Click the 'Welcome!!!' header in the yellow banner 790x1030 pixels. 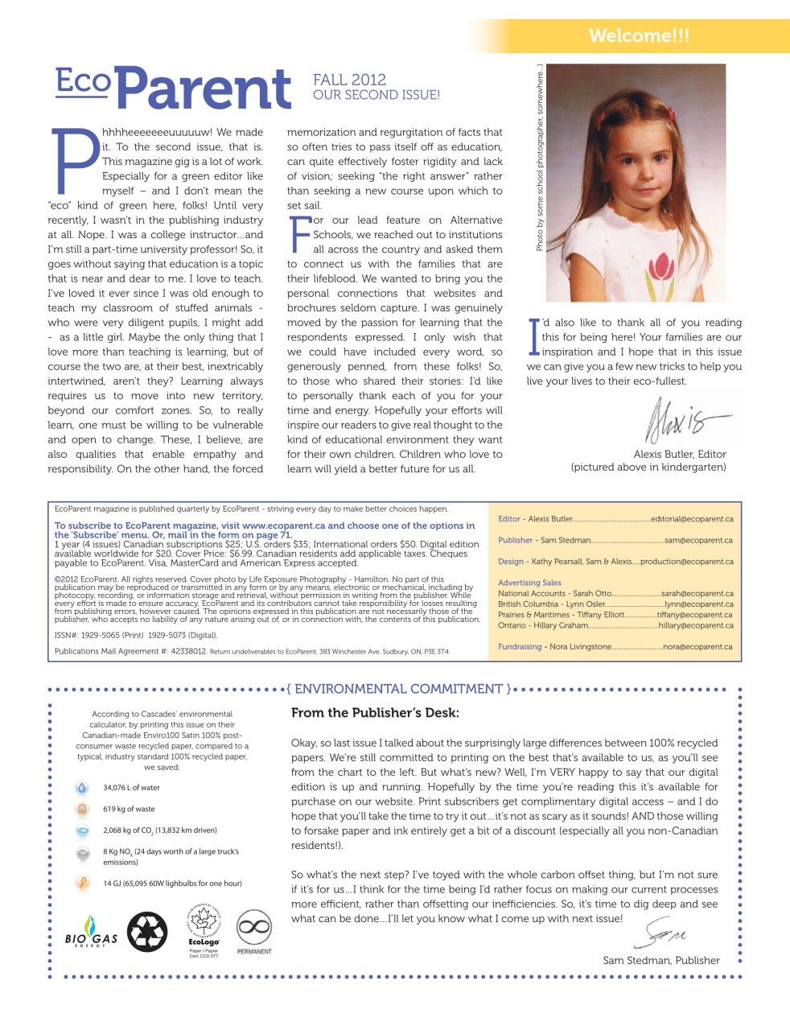639,35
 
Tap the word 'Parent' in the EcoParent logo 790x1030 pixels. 208,89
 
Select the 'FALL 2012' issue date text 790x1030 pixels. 349,80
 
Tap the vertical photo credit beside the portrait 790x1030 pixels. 539,158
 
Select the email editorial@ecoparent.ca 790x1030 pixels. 692,519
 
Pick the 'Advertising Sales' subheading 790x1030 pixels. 529,583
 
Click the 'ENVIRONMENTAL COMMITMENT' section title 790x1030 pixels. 398,689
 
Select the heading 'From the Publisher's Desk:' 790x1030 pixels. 375,713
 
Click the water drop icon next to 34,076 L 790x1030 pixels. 81,788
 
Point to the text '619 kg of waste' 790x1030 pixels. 129,809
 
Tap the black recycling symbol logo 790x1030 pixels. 147,932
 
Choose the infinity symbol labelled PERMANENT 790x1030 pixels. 253,928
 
